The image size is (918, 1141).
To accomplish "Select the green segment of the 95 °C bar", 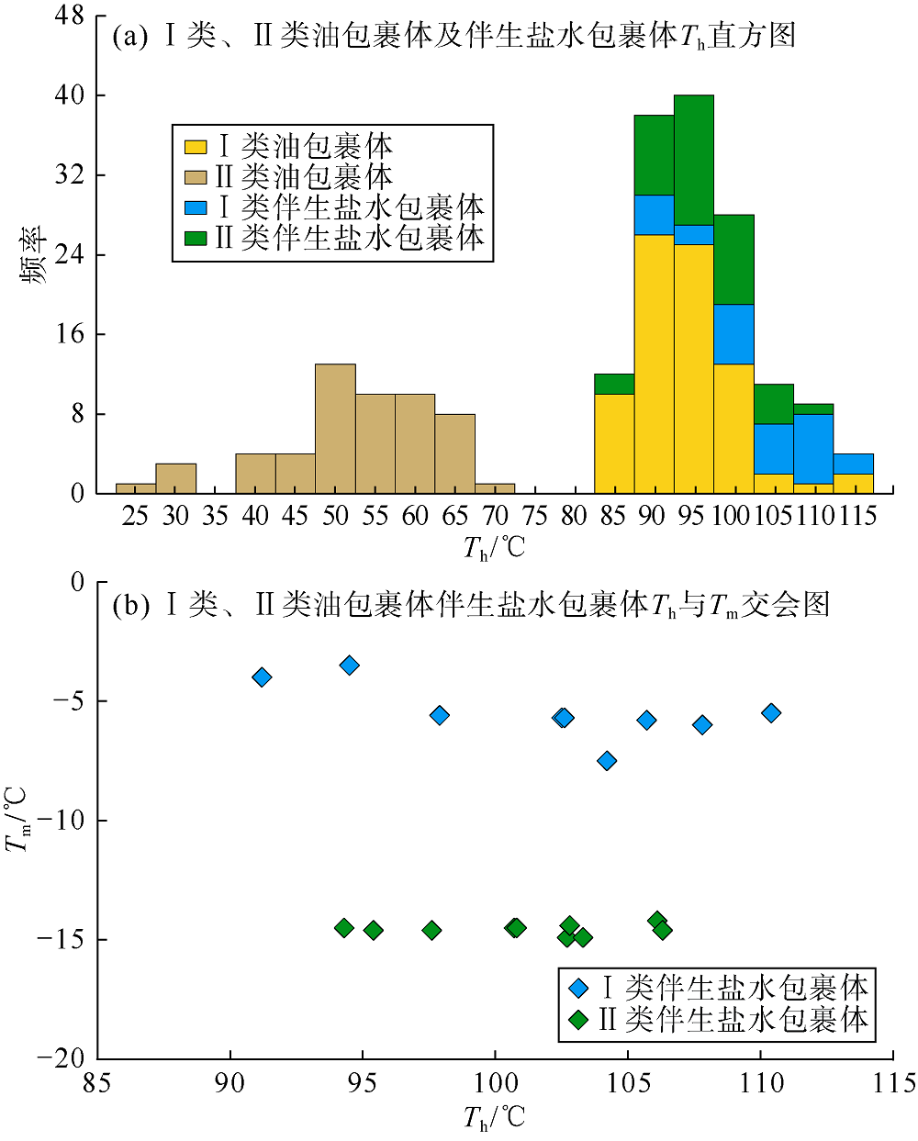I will pos(694,160).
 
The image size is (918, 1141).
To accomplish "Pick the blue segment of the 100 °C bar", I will pos(733,334).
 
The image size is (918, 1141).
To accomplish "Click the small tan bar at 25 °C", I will pos(136,487).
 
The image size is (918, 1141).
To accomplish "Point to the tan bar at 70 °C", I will pos(495,487).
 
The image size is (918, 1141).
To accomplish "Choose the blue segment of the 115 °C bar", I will pos(853,464).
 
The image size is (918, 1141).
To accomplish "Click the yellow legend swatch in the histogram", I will pos(196,147).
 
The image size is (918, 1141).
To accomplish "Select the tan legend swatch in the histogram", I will pos(196,177).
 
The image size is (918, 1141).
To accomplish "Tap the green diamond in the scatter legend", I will pos(578,1020).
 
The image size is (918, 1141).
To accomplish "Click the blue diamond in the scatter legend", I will pos(578,989).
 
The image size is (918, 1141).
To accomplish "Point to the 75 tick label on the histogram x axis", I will pos(534,516).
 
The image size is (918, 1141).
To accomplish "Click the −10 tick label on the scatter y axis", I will pos(62,820).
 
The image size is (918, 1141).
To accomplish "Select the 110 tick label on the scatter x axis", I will pos(761,1083).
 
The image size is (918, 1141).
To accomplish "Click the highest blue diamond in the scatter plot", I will pos(349,666).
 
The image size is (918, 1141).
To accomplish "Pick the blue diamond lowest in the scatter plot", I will pos(607,761).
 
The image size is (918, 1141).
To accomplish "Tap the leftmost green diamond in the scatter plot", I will pos(344,928).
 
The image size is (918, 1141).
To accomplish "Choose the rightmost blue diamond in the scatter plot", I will pos(771,713).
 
